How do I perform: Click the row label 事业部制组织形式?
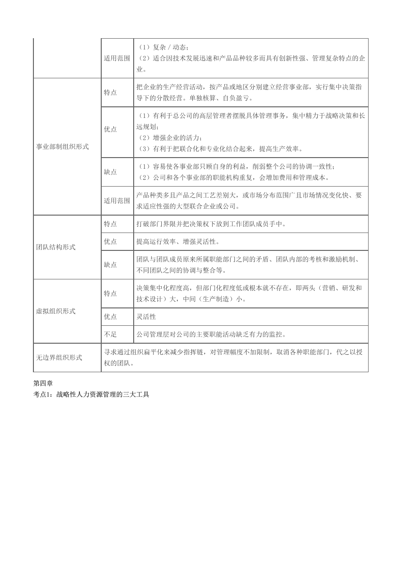click(x=62, y=146)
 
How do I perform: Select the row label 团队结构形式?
click(x=56, y=247)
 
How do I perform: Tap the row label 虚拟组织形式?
click(x=56, y=311)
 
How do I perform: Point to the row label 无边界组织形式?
click(x=59, y=358)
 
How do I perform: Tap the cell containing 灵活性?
click(x=146, y=317)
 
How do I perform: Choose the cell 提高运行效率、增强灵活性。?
click(x=178, y=241)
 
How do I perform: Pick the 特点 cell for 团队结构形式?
click(x=110, y=224)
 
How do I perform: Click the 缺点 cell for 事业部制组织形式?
click(x=110, y=172)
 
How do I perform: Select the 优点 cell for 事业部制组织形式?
click(x=110, y=129)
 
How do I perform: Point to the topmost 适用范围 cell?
click(x=117, y=58)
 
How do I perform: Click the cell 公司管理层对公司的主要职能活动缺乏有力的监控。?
click(x=211, y=334)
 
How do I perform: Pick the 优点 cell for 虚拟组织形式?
click(x=110, y=317)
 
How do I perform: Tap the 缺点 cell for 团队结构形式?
click(x=110, y=264)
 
